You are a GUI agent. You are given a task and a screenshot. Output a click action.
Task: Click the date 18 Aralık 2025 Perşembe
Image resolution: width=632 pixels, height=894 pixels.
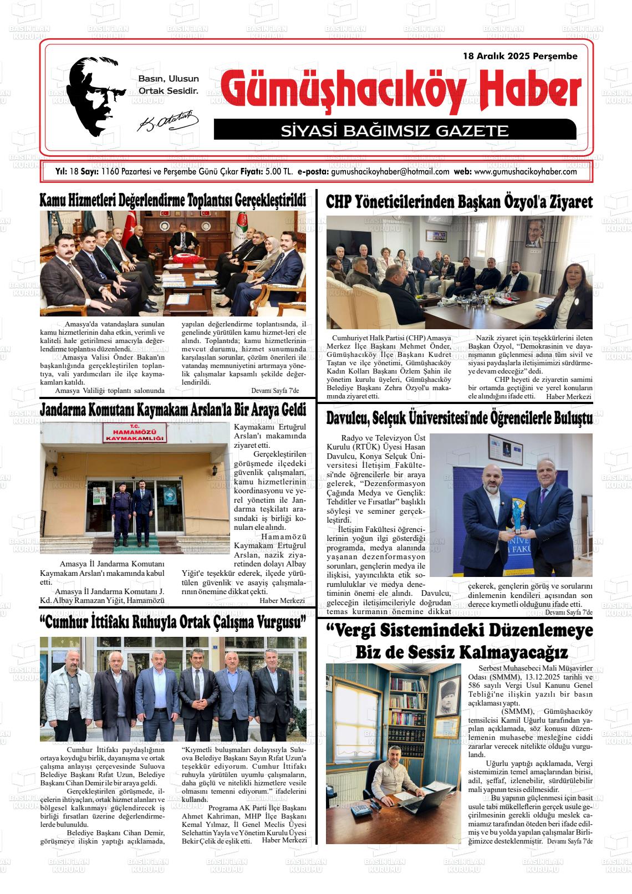[x=520, y=56]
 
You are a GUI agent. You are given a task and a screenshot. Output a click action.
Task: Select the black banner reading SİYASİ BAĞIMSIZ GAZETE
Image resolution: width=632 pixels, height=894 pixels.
[x=395, y=131]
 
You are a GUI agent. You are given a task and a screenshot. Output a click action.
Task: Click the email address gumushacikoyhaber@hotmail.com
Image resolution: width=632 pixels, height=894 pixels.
[x=390, y=172]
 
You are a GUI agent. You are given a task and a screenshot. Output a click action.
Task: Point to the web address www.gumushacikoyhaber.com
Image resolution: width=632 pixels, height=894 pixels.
[x=526, y=172]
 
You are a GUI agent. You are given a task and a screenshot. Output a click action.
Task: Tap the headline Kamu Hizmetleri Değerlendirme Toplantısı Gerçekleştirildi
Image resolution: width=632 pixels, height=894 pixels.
[x=173, y=201]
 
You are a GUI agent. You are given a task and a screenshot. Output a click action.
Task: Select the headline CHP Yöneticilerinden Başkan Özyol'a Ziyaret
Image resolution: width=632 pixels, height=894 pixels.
[x=459, y=202]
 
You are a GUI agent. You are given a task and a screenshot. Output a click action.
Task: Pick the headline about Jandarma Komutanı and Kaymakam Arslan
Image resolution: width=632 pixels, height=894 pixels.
[x=173, y=410]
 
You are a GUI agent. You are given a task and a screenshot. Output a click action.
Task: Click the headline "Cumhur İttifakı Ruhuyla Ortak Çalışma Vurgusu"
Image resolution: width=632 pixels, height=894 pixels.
[x=173, y=621]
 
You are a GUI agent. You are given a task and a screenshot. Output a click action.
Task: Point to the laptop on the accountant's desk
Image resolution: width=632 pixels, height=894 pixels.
[x=427, y=798]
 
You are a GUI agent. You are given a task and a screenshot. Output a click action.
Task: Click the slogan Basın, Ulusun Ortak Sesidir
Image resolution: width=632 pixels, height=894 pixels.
[x=168, y=84]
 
